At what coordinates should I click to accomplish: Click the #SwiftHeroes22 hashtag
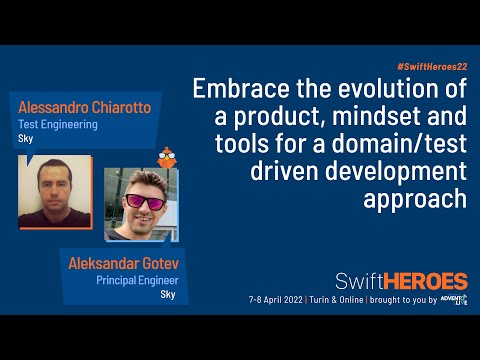[427, 63]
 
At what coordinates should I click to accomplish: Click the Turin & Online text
[346, 300]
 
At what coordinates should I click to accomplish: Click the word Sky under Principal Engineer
[168, 296]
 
